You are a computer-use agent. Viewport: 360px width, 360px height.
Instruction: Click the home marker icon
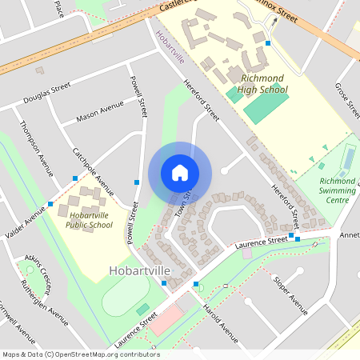(180, 173)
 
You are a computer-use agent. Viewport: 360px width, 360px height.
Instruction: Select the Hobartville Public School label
(90, 220)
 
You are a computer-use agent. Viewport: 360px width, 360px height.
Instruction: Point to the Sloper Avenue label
(290, 294)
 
